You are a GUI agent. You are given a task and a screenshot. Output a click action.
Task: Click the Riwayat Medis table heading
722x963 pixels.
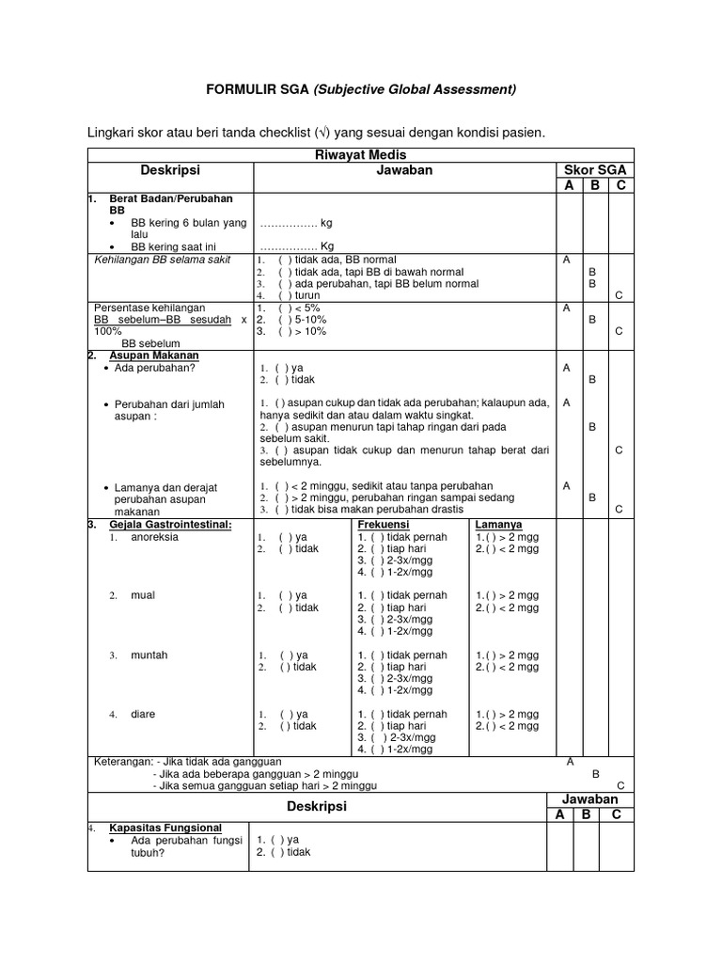pyautogui.click(x=361, y=155)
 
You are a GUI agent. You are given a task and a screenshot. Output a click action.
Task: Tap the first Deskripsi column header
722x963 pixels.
pyautogui.click(x=171, y=170)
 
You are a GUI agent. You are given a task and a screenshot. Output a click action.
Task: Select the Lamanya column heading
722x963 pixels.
pyautogui.click(x=499, y=524)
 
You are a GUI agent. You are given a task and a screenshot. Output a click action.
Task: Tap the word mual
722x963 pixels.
pyautogui.click(x=142, y=595)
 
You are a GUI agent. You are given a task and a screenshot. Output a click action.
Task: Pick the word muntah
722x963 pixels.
pyautogui.click(x=149, y=655)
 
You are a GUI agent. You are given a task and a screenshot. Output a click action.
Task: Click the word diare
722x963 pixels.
pyautogui.click(x=144, y=714)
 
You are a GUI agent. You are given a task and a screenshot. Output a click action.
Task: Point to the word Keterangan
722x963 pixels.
pyautogui.click(x=122, y=761)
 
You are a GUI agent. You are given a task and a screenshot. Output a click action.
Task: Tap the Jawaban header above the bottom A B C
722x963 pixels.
pyautogui.click(x=591, y=798)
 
